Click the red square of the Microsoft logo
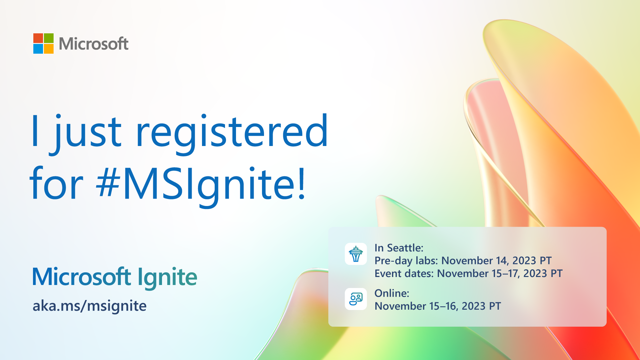coord(38,38)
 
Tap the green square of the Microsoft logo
coord(49,38)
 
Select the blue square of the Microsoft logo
coord(38,49)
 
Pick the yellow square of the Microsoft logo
coord(49,49)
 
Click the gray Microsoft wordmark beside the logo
coord(94,44)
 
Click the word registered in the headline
coord(232,133)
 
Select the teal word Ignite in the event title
coord(167,277)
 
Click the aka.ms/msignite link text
coord(90,306)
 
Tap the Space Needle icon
coord(356,254)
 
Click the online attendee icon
coord(356,299)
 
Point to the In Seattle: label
coord(399,248)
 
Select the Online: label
coord(392,293)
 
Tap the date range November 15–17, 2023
coord(492,273)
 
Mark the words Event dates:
coord(404,273)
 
